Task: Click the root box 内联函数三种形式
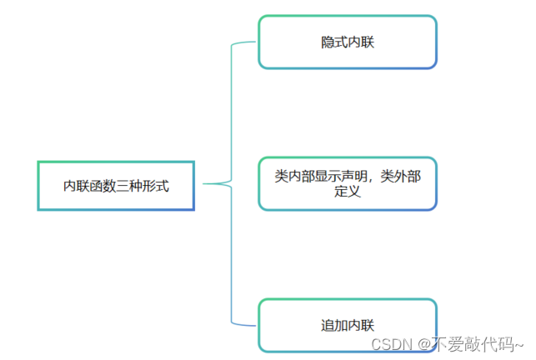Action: click(116, 185)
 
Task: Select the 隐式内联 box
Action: click(347, 42)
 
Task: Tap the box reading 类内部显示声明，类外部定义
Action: click(347, 183)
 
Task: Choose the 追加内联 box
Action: click(347, 324)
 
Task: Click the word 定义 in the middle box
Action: click(347, 192)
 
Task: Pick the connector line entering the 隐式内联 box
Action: click(245, 42)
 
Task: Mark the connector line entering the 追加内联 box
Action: click(245, 323)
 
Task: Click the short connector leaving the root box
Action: click(212, 183)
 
